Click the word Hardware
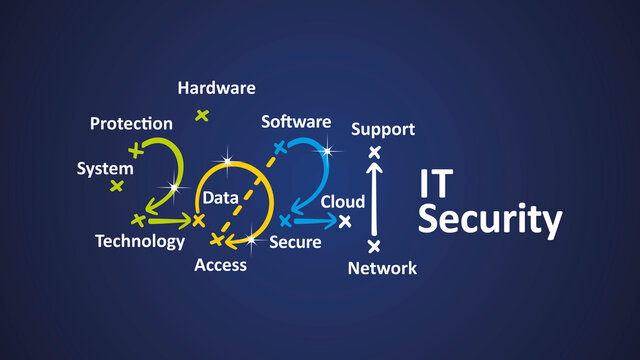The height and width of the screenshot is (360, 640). tap(216, 88)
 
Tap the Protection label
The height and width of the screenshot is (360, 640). tap(131, 124)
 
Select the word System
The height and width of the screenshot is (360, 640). tap(105, 169)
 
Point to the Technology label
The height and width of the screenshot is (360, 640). tap(140, 241)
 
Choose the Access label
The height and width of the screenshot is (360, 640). tap(220, 265)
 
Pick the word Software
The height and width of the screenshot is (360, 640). tap(296, 122)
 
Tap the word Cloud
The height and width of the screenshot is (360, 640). tap(343, 202)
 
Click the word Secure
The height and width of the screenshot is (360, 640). tap(295, 242)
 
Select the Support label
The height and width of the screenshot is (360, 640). tap(383, 130)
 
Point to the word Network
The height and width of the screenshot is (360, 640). tap(382, 267)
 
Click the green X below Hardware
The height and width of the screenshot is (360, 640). tap(202, 115)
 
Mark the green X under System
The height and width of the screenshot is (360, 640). tap(117, 186)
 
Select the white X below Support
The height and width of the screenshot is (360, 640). tap(375, 152)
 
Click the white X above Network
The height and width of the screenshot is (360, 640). tap(375, 246)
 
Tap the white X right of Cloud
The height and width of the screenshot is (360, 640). tap(346, 221)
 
